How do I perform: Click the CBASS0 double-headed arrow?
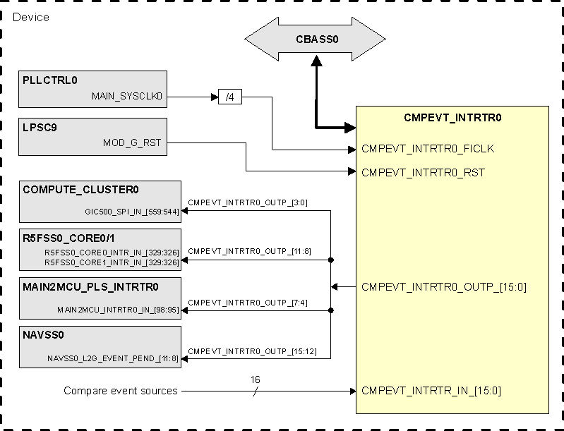tap(316, 40)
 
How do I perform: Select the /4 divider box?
tap(229, 97)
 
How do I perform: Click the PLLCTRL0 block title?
tap(49, 80)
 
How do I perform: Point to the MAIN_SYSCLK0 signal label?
tap(127, 95)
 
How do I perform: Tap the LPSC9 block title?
tap(39, 127)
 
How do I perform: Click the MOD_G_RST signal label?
tap(132, 142)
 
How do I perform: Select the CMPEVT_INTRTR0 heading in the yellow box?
tap(452, 118)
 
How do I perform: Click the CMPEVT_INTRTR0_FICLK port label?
tap(428, 149)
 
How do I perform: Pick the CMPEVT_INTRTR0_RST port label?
tap(423, 172)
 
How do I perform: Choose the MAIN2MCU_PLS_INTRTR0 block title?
tap(90, 286)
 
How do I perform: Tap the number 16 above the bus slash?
tap(255, 380)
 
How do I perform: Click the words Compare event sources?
tap(121, 391)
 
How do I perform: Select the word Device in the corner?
tap(32, 17)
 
